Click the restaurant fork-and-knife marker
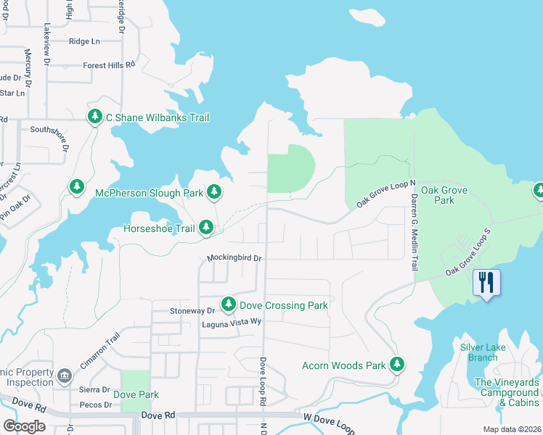click(x=486, y=281)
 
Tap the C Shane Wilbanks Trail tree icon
click(x=94, y=117)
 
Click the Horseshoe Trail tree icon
click(x=206, y=228)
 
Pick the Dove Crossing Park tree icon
click(x=229, y=304)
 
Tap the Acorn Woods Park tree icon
click(x=396, y=365)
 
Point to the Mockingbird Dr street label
click(x=234, y=257)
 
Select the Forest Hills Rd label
click(x=109, y=65)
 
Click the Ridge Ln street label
click(x=84, y=41)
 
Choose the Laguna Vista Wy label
click(x=231, y=324)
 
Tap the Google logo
click(x=24, y=426)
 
